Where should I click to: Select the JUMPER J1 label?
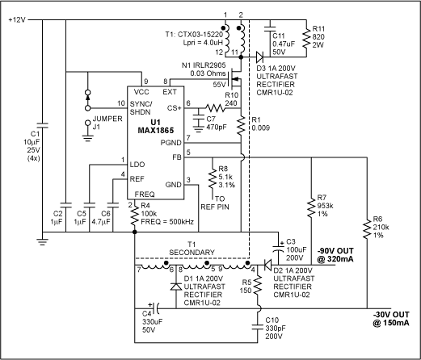point(99,130)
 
